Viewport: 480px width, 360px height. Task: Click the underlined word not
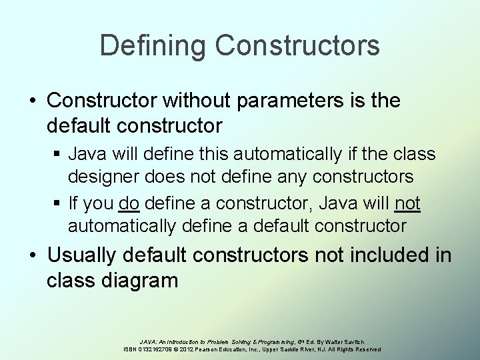pos(407,203)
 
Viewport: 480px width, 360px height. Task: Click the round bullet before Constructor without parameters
pos(33,102)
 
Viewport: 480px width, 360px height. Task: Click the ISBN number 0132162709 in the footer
pos(159,349)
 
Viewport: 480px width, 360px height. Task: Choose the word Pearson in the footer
pos(219,349)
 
